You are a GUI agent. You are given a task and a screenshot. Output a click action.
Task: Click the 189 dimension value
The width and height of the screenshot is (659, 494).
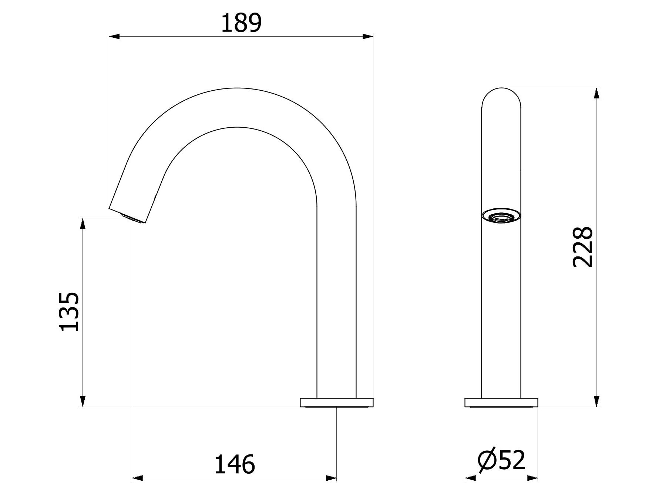point(241,23)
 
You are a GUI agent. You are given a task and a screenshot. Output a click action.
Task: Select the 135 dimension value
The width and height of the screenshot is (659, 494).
point(69,312)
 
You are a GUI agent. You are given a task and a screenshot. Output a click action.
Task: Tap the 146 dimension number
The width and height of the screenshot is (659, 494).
point(235,464)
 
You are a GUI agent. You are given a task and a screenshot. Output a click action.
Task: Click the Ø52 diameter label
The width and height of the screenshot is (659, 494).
point(501,461)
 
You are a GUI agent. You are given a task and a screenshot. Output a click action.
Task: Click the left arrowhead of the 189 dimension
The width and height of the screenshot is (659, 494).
point(114,36)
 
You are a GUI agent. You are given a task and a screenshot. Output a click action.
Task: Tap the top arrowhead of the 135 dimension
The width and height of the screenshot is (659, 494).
point(83,224)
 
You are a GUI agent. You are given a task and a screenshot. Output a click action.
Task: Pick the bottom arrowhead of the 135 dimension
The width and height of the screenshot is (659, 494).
point(83,401)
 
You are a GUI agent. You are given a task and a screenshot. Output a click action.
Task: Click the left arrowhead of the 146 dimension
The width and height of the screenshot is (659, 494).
point(137,478)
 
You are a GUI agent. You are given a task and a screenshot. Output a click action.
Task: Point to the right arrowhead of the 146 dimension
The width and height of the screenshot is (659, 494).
point(332,478)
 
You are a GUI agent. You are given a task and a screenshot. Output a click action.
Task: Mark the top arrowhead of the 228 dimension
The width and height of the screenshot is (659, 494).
point(596,93)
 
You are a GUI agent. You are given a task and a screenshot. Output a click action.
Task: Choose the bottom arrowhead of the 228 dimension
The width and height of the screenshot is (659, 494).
point(596,401)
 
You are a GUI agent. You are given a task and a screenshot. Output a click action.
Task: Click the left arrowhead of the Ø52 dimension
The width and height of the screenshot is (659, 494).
point(470,478)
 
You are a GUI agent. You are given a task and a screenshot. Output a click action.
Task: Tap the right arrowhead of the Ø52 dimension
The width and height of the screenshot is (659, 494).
point(532,478)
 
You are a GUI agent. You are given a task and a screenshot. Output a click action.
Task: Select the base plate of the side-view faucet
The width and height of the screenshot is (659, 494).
point(337,402)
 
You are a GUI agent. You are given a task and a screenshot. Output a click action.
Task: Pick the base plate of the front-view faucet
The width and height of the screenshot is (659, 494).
point(501,402)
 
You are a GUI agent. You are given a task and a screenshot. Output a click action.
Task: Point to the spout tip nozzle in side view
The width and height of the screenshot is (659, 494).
point(132,218)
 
